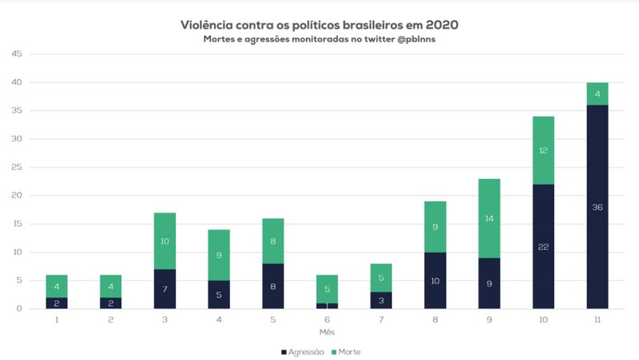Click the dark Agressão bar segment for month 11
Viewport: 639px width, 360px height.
click(597, 207)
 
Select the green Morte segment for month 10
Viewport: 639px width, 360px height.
click(542, 150)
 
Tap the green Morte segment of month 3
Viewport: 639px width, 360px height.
click(165, 240)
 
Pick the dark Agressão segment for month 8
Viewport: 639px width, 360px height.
click(435, 280)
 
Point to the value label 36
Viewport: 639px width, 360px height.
click(597, 207)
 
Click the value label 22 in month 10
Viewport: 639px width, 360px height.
click(542, 247)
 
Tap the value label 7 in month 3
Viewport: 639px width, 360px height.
click(165, 289)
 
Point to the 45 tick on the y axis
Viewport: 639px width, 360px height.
click(17, 54)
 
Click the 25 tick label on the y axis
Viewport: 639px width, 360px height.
click(17, 168)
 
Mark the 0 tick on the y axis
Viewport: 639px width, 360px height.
click(20, 309)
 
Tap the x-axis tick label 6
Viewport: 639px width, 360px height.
click(327, 319)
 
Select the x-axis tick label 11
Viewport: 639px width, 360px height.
click(597, 319)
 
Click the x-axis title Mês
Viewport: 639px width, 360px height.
click(327, 331)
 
